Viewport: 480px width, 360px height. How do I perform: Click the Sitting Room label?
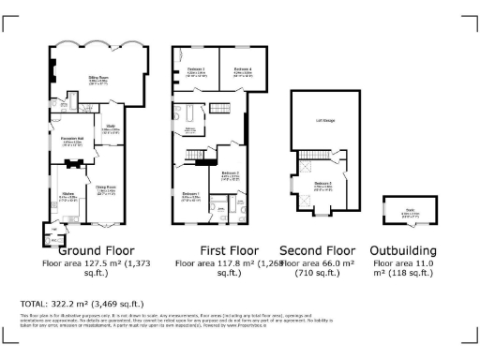click(98, 80)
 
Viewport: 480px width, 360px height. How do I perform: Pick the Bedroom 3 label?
click(196, 70)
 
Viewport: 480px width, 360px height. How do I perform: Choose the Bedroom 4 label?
click(243, 70)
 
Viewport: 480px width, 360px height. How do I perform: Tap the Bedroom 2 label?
click(231, 173)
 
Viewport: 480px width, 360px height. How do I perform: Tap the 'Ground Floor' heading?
click(97, 251)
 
